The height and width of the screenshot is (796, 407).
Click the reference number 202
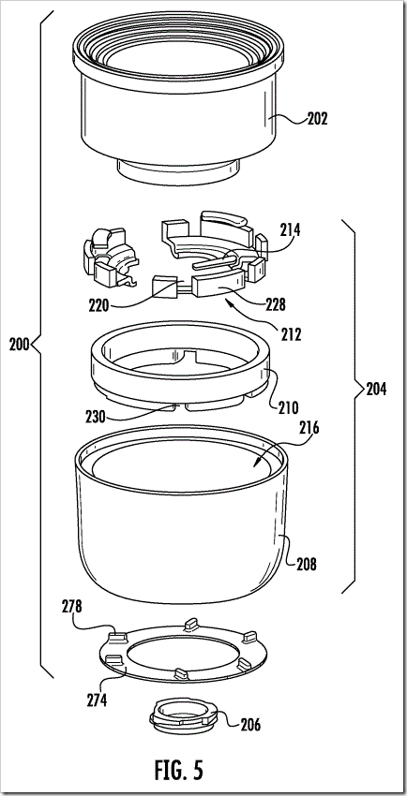click(x=317, y=119)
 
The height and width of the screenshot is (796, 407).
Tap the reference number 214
click(x=290, y=230)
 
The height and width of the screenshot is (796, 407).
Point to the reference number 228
click(x=276, y=305)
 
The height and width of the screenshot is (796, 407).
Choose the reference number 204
click(x=376, y=390)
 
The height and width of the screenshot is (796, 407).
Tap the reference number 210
click(x=288, y=406)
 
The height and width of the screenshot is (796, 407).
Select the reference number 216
click(x=309, y=428)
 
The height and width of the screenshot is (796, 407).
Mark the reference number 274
click(x=97, y=700)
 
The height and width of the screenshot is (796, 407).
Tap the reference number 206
click(x=249, y=726)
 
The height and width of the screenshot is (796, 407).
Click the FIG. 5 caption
click(x=179, y=770)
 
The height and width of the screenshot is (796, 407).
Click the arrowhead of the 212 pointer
click(x=230, y=304)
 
